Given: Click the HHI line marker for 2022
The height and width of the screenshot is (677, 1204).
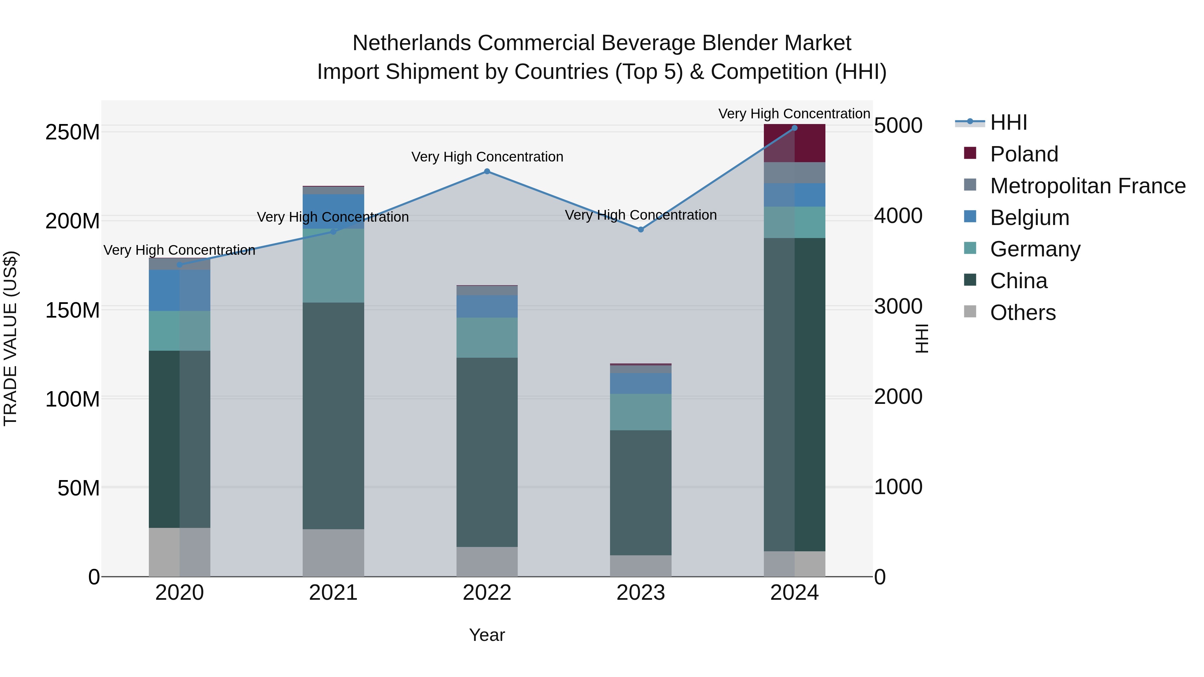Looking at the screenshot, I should pos(487,172).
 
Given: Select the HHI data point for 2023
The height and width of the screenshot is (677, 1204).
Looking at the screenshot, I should pos(641,229).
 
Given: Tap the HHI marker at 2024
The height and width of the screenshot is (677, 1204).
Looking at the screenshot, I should pos(795,128).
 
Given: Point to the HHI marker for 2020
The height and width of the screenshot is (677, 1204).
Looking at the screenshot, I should pos(180,265).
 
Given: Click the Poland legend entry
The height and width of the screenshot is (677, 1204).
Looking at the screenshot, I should pos(1024,154).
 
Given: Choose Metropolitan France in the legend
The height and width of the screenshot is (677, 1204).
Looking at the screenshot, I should pos(1088,186).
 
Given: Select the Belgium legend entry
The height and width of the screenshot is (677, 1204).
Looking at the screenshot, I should pos(1029,218).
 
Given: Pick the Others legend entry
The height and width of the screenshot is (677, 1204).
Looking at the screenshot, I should pos(1023,313).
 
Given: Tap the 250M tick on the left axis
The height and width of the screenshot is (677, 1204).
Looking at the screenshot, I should pos(73,132).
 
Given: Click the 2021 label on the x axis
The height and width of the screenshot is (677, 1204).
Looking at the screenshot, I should pos(333,593).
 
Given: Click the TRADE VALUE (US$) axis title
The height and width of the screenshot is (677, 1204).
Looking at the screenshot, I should pos(11,338).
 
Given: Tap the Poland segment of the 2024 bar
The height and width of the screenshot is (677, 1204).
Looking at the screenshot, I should pos(795,143).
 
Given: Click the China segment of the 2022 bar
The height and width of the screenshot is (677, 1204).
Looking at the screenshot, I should pos(487,452).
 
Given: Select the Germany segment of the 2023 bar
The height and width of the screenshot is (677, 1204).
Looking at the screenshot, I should pos(641,412).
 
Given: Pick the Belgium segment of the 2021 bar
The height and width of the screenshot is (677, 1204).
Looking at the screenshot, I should pos(333,211).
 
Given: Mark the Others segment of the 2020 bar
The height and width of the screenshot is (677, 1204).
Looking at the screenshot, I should pos(180,552).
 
